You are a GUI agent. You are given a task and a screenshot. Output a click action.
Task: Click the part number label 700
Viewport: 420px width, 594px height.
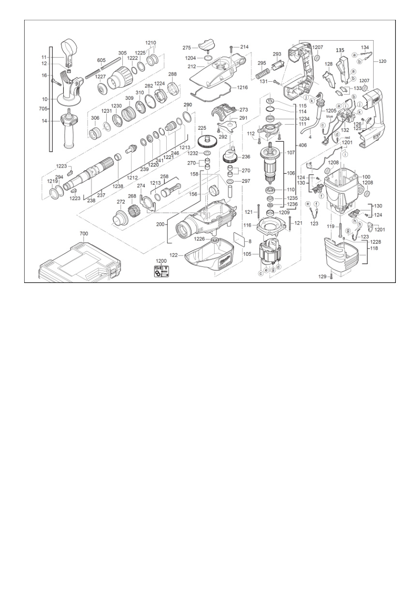pos(84,234)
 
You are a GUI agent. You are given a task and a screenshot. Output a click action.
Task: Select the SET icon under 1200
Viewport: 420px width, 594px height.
pos(161,272)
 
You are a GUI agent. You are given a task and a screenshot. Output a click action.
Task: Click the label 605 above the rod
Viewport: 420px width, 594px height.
pos(101,60)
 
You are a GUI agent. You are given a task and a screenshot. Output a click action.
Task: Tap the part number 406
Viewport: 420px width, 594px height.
pos(303,145)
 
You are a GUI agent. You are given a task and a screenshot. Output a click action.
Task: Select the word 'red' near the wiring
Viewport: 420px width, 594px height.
pos(348,138)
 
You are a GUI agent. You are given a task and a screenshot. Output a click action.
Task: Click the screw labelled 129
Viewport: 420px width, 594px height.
pos(331,277)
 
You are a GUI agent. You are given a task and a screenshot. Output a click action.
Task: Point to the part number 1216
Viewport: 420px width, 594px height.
pos(242,88)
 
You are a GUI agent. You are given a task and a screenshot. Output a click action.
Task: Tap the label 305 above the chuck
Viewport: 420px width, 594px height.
pos(122,53)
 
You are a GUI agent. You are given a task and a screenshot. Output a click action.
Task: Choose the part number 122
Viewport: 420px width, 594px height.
pos(174,255)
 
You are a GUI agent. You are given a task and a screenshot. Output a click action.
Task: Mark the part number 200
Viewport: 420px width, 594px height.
pos(160,224)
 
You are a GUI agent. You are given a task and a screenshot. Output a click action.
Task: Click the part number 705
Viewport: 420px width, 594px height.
pos(43,108)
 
